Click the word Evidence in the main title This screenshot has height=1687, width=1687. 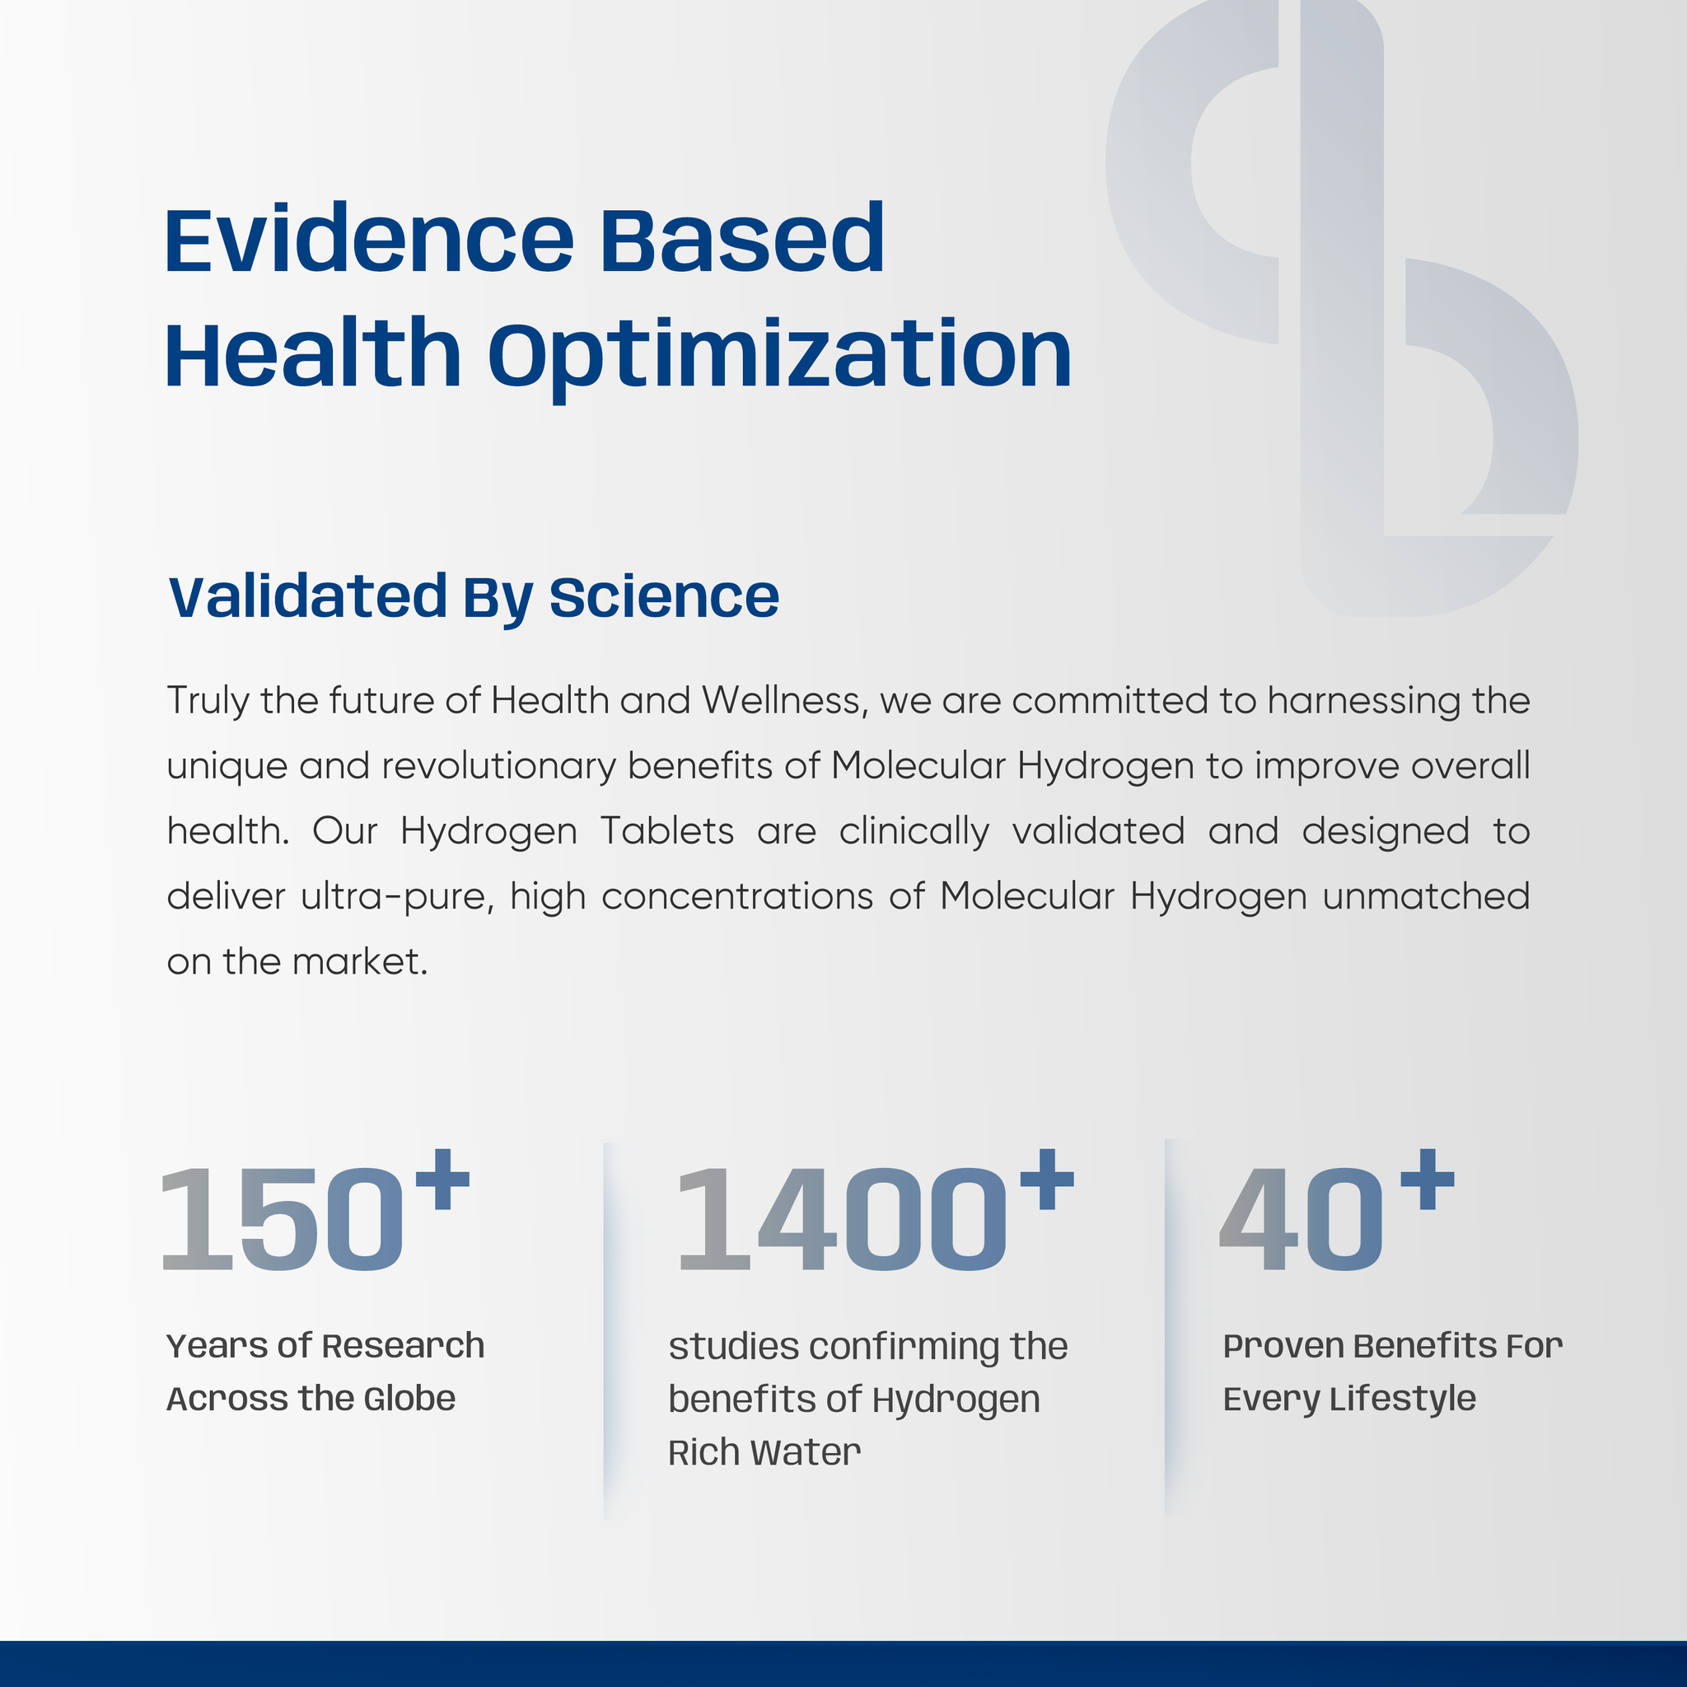pyautogui.click(x=369, y=237)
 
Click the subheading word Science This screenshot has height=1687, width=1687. pyautogui.click(x=664, y=597)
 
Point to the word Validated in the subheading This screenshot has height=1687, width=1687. pyautogui.click(x=307, y=597)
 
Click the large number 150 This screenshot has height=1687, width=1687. pyautogui.click(x=282, y=1221)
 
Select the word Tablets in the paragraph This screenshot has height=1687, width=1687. pyautogui.click(x=668, y=830)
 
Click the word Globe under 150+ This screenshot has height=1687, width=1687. pyautogui.click(x=409, y=1399)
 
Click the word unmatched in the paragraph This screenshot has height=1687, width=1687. pyautogui.click(x=1426, y=896)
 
